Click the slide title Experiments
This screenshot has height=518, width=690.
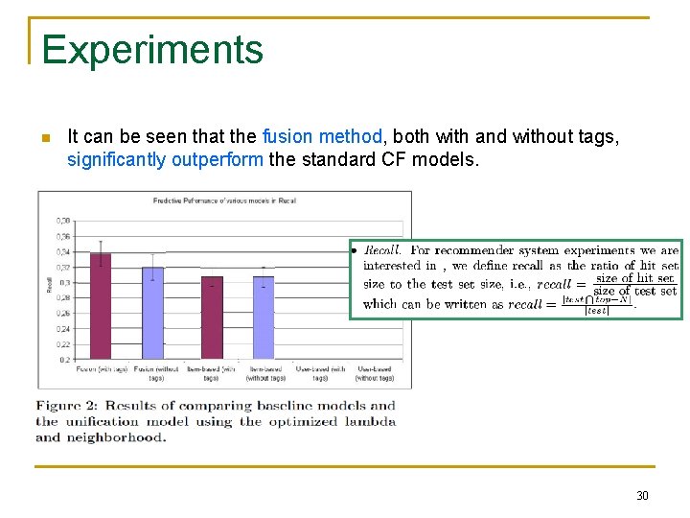click(152, 50)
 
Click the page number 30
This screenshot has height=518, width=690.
click(642, 495)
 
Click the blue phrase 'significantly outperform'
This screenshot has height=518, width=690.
click(165, 159)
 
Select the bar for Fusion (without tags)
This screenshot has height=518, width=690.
click(153, 312)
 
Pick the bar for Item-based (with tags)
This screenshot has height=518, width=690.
click(212, 317)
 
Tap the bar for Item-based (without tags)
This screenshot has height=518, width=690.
click(263, 317)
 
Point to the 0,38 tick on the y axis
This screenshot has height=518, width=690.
click(63, 222)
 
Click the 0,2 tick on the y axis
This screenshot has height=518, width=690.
click(64, 359)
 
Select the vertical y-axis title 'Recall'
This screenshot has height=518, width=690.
click(49, 285)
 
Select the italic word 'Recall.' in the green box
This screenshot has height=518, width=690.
click(382, 250)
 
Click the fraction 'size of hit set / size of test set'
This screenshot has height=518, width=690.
click(634, 285)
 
